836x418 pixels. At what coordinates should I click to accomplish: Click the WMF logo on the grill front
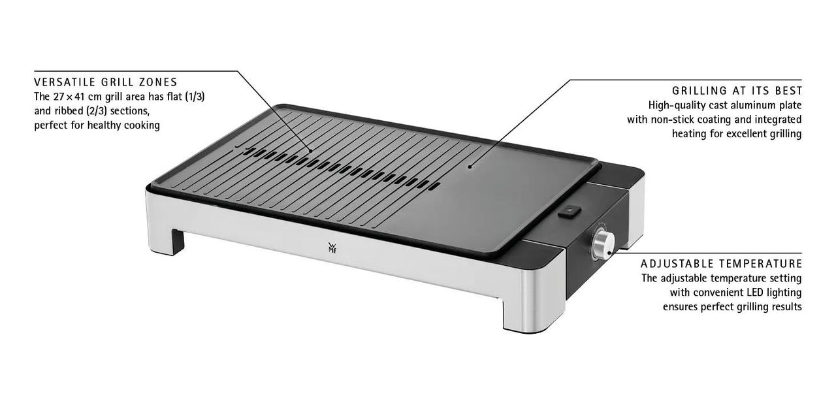tap(332, 248)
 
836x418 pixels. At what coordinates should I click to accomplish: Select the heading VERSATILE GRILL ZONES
tap(106, 82)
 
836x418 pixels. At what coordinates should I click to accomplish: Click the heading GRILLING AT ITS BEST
tap(737, 91)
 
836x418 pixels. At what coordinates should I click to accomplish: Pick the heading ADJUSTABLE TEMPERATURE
tap(721, 264)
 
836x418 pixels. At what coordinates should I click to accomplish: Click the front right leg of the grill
tap(522, 317)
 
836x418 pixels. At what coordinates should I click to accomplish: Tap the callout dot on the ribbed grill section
tap(310, 151)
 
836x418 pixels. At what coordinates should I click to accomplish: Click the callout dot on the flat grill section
tap(470, 167)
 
